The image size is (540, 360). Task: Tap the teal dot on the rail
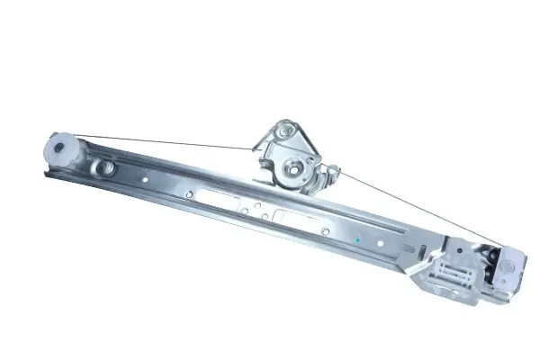(358, 240)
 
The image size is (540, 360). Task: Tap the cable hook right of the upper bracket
(330, 170)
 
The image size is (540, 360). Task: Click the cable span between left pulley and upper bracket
(162, 142)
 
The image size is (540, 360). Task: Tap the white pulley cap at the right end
(511, 265)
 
